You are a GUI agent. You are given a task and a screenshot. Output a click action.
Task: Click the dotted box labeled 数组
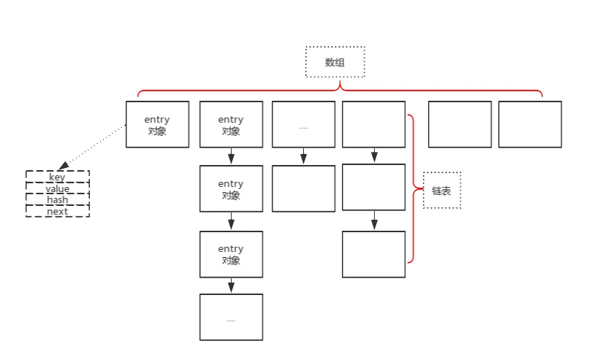335,62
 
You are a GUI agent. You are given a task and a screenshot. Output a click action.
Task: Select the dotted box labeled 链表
442,191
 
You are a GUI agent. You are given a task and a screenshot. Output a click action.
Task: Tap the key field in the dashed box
57,177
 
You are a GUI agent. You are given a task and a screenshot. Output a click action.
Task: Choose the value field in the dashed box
57,188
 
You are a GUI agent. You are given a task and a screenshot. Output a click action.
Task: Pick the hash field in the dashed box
57,200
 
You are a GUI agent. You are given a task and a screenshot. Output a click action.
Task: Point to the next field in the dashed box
57,212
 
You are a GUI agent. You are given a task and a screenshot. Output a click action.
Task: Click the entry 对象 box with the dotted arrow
157,125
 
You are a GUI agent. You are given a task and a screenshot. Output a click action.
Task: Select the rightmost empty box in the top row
530,125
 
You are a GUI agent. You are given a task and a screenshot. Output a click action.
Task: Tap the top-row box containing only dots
303,125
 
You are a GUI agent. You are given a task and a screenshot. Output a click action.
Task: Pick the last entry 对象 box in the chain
231,254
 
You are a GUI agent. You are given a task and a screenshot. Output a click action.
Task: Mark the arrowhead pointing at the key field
62,166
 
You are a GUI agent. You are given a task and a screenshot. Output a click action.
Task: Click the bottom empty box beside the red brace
373,254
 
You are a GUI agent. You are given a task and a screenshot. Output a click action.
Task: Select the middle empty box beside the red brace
373,188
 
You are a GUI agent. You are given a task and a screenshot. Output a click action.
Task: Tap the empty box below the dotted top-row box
303,188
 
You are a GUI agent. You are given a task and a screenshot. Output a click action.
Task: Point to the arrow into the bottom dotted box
231,286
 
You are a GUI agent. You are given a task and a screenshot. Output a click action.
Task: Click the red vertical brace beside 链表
414,188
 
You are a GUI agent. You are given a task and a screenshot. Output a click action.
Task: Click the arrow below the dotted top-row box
303,156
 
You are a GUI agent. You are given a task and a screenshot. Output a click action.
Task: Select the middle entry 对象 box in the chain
231,189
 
